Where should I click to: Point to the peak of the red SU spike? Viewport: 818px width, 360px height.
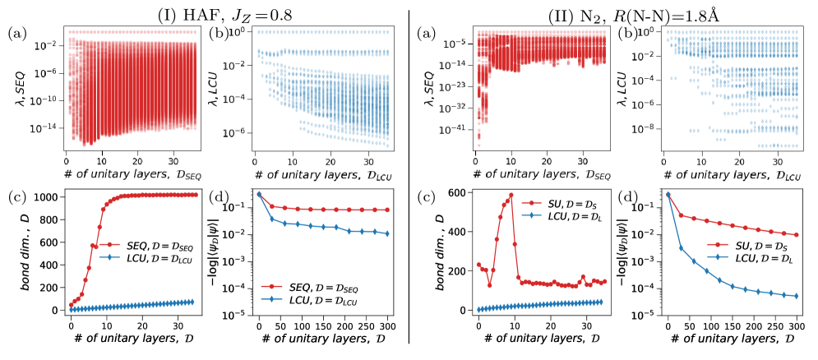click(512, 196)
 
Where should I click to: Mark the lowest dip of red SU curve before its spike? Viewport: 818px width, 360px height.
click(489, 285)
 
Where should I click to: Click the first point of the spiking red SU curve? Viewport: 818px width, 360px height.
click(478, 264)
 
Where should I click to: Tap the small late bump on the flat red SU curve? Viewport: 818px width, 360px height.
click(585, 277)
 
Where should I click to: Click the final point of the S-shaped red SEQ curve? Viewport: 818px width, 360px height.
click(195, 195)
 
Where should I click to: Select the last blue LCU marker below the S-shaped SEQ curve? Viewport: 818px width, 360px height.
click(193, 301)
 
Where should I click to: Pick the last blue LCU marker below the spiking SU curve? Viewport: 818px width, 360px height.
click(602, 301)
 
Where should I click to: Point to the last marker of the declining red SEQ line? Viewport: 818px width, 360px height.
click(387, 210)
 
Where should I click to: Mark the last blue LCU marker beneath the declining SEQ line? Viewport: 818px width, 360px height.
click(387, 233)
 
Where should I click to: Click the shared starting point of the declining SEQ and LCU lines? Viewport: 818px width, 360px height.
click(259, 193)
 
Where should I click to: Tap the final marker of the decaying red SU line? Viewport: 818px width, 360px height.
click(796, 235)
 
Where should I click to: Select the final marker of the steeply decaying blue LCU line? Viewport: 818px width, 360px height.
click(796, 296)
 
